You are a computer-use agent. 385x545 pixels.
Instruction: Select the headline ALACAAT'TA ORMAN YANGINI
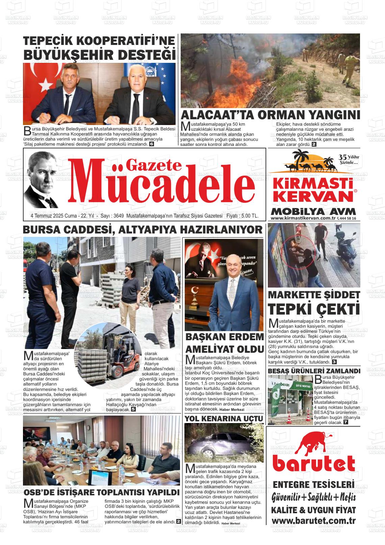point(271,115)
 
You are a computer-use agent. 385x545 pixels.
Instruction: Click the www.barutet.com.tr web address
point(313,521)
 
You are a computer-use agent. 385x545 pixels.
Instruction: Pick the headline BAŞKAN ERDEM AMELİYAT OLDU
point(225,343)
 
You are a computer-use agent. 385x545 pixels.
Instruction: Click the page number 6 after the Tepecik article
point(152,144)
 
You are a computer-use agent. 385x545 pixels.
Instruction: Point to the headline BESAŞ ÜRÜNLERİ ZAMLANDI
point(314,371)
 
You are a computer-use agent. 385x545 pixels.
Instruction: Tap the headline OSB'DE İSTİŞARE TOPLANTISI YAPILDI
point(101,492)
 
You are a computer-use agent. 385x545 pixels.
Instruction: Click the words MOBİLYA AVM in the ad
point(313,212)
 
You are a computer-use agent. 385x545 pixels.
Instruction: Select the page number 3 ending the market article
point(334,362)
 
